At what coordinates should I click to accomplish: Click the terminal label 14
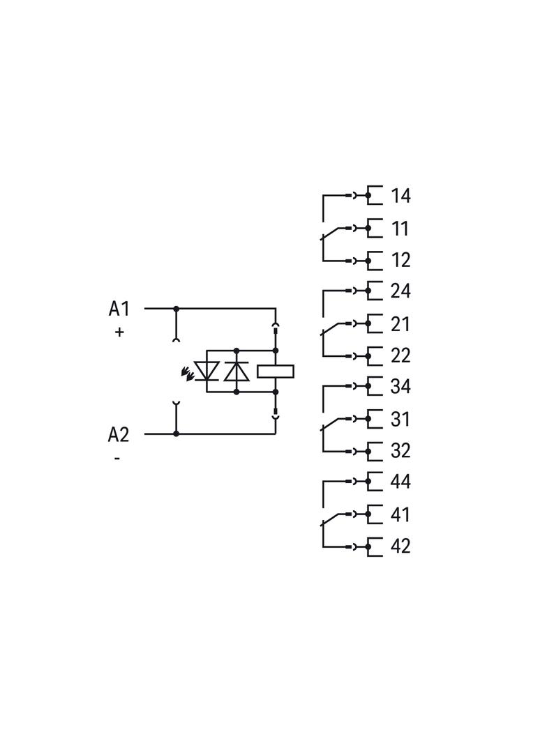(x=400, y=196)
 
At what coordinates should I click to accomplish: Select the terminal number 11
(x=400, y=229)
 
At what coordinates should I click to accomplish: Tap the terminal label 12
(x=400, y=260)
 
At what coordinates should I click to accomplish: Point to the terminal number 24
(x=400, y=291)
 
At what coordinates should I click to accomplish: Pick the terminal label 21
(x=400, y=324)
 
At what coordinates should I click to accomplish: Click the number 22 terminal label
(x=400, y=356)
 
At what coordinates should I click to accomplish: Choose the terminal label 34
(x=400, y=387)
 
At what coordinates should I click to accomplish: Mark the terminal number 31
(x=400, y=420)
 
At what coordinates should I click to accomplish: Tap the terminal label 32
(x=400, y=451)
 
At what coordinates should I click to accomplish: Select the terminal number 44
(x=400, y=482)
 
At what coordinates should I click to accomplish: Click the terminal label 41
(x=400, y=514)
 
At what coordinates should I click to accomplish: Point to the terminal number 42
(x=400, y=546)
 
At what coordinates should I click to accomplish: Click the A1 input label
(x=119, y=309)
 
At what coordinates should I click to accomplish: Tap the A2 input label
(x=119, y=434)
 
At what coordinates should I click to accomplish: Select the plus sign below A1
(x=119, y=332)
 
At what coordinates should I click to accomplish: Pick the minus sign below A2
(x=117, y=458)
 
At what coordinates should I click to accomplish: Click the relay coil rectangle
(x=276, y=371)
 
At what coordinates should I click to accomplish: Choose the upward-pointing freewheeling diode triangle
(x=237, y=371)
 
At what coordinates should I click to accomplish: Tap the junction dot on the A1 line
(x=177, y=309)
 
